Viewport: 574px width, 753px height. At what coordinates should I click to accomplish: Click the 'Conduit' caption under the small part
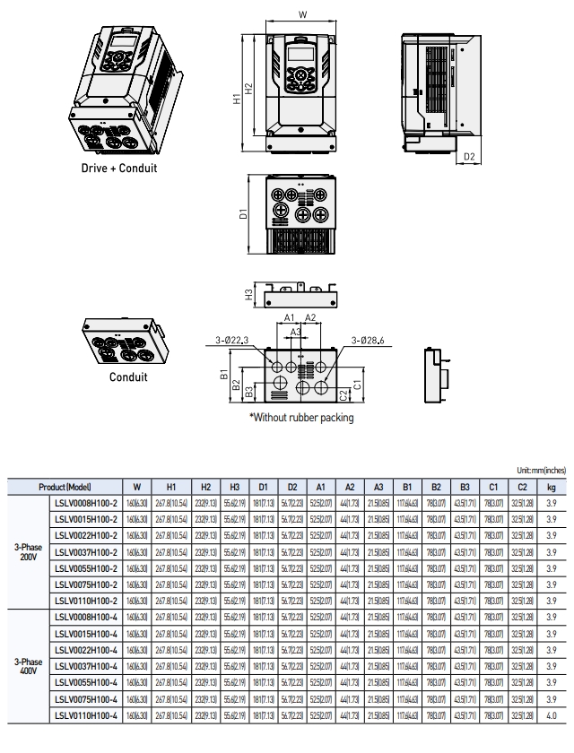click(128, 377)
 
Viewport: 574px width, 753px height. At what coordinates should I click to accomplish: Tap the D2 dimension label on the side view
click(469, 157)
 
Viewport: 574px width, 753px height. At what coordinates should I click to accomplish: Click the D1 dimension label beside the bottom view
click(242, 215)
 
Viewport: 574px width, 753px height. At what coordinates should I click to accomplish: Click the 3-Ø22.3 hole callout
click(232, 339)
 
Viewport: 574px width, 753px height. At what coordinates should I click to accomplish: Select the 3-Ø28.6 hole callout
click(368, 340)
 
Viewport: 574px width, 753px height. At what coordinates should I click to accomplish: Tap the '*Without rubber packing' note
click(301, 418)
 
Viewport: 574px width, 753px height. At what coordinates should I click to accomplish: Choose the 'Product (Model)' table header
click(65, 487)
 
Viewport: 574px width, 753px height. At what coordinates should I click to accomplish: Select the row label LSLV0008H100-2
click(86, 503)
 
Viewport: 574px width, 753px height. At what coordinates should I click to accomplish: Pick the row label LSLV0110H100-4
click(86, 714)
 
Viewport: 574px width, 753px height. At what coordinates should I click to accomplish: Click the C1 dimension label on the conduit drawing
click(356, 384)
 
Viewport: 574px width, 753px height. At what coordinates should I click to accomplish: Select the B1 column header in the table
click(406, 487)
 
